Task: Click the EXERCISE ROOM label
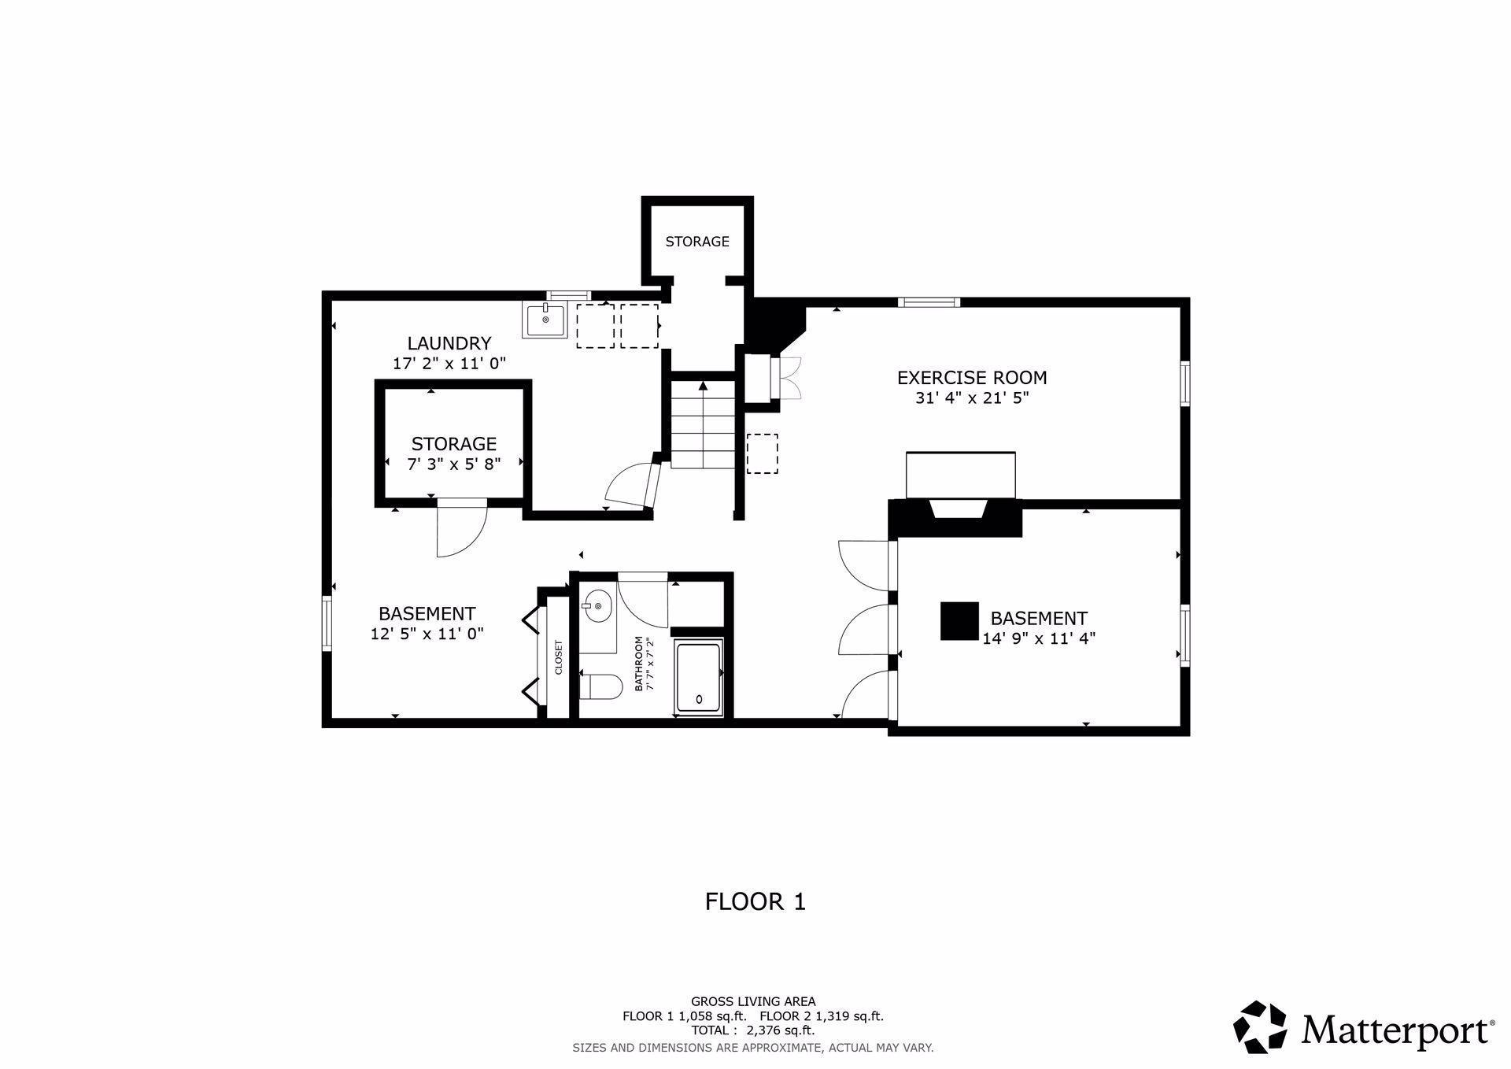coord(972,378)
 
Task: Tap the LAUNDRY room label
coord(449,343)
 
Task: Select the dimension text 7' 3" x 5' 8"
coord(454,464)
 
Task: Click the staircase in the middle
coord(703,425)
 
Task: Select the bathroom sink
coord(597,605)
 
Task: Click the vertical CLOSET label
coord(559,657)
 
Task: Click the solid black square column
coord(959,621)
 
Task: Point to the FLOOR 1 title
coord(755,901)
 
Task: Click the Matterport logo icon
coord(1260,1027)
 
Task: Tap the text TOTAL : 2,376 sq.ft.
coord(753,1030)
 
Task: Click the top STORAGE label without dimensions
coord(697,242)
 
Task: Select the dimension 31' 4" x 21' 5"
coord(972,398)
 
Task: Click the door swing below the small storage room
coord(463,528)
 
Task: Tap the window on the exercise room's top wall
coord(929,301)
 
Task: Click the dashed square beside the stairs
coord(762,453)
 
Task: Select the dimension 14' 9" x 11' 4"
coord(1039,638)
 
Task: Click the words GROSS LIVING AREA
coord(753,1002)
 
